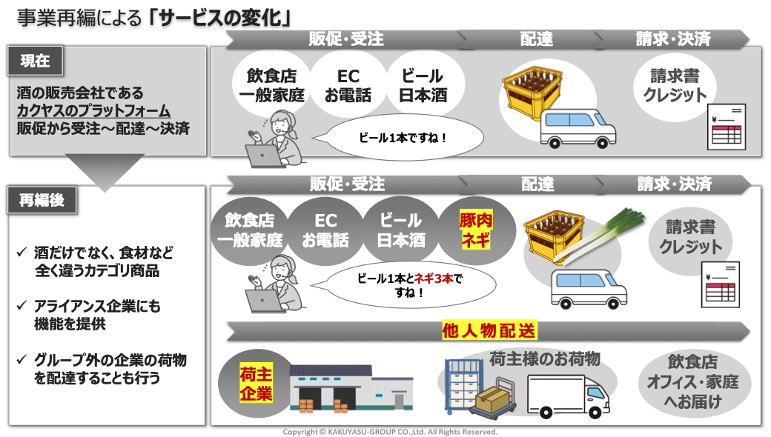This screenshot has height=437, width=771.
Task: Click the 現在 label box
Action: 35,61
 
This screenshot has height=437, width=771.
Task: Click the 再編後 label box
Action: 42,200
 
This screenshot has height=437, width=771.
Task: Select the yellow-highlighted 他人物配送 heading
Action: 489,330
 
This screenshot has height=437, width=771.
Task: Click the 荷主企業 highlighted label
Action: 256,384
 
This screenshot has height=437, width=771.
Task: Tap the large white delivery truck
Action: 568,397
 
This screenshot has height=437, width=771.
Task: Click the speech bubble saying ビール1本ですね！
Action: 403,138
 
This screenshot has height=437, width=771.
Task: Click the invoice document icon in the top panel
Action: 727,127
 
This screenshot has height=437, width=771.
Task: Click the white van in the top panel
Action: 578,129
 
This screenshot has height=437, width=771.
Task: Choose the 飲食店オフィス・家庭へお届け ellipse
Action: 693,382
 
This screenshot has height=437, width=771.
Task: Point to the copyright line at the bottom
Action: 390,432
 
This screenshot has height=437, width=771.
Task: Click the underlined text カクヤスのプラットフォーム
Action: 93,110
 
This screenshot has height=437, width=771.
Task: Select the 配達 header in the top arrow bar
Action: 537,39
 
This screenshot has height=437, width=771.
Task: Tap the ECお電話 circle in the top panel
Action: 348,85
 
